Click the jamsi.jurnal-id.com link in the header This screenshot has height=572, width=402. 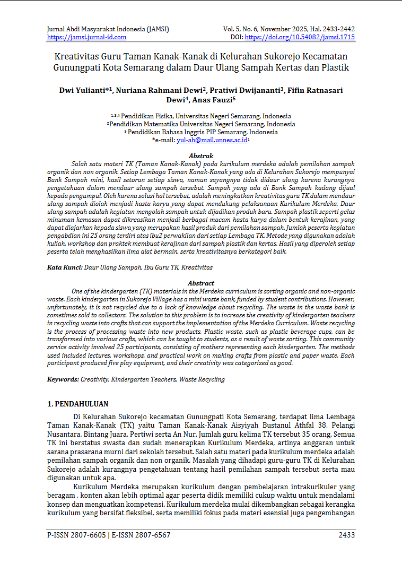tap(87, 37)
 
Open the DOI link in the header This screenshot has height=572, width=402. tap(300, 37)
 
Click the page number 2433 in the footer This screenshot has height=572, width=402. tap(347, 535)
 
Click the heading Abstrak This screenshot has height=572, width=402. tap(201, 156)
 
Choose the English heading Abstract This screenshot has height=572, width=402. tap(201, 283)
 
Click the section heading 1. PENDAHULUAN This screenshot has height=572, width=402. tap(78, 404)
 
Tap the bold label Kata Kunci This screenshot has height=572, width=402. tap(64, 268)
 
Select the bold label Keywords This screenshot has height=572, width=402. tap(63, 379)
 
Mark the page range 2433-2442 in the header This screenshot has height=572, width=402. tap(335, 29)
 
